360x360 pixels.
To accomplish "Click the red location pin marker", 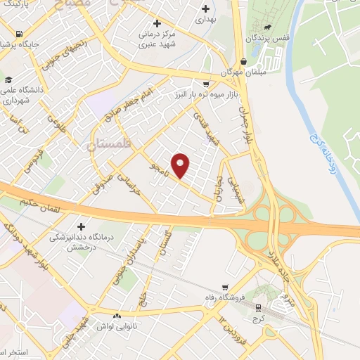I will click(181, 165).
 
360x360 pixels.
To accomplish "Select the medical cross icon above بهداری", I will click(205, 9).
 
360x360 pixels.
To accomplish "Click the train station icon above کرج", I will click(257, 307).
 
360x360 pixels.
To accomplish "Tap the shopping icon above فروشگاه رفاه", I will click(224, 287).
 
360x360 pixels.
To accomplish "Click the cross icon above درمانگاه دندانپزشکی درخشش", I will click(82, 226).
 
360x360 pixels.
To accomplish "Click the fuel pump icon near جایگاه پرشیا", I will click(18, 34).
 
